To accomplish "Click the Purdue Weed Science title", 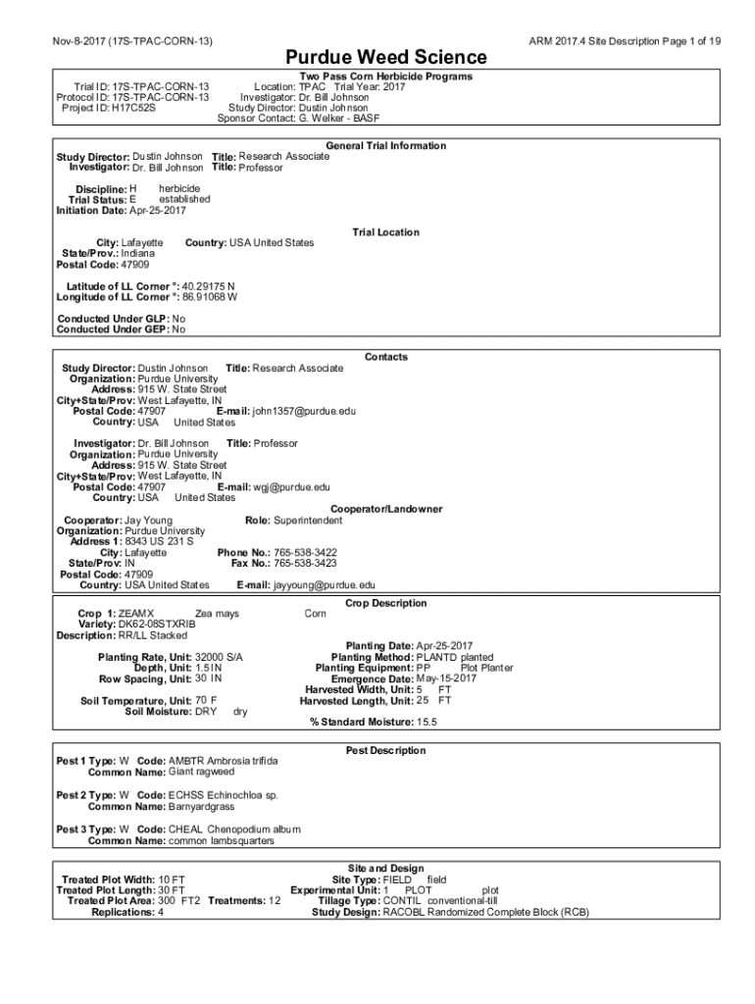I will (385, 58).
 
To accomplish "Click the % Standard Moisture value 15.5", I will (427, 723).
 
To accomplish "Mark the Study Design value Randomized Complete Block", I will (485, 913).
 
